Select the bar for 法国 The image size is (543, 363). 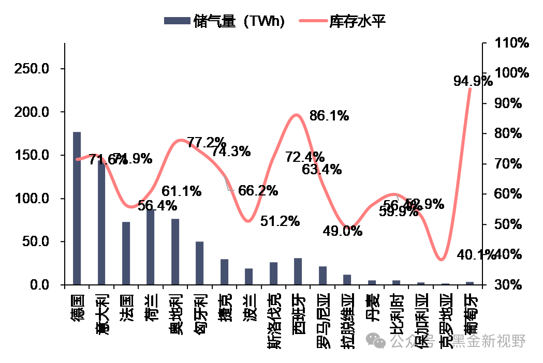click(x=126, y=253)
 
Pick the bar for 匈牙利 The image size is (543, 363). click(x=199, y=263)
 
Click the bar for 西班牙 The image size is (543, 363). click(x=298, y=271)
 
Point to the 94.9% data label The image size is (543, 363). click(x=472, y=81)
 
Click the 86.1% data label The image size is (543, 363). click(x=329, y=116)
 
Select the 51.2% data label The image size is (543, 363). click(x=280, y=221)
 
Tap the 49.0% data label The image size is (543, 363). click(x=342, y=231)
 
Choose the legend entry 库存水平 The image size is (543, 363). click(x=345, y=21)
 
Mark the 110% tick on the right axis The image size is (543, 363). click(x=511, y=43)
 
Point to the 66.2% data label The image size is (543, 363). click(x=258, y=191)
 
